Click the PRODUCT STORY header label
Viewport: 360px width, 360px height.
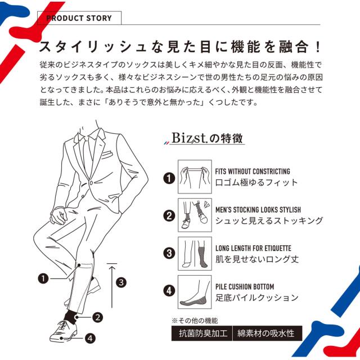[x=79, y=18]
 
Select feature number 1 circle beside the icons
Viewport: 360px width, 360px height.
[x=168, y=179]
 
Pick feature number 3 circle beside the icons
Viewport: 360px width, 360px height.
[x=168, y=253]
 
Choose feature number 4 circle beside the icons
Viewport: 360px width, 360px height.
[x=168, y=291]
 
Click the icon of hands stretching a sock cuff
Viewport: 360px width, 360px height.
[x=194, y=176]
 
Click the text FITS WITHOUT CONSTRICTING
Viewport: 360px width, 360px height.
[x=253, y=172]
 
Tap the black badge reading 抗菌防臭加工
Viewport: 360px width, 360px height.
[x=201, y=333]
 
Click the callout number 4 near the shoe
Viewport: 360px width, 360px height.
[x=91, y=339]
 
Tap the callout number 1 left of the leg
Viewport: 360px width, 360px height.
[x=42, y=277]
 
